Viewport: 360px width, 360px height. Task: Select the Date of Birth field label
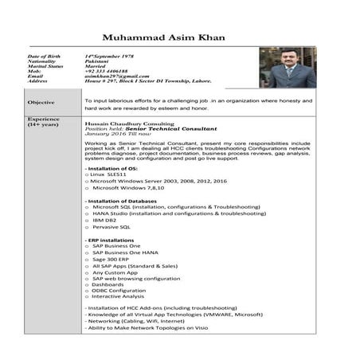(43, 57)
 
